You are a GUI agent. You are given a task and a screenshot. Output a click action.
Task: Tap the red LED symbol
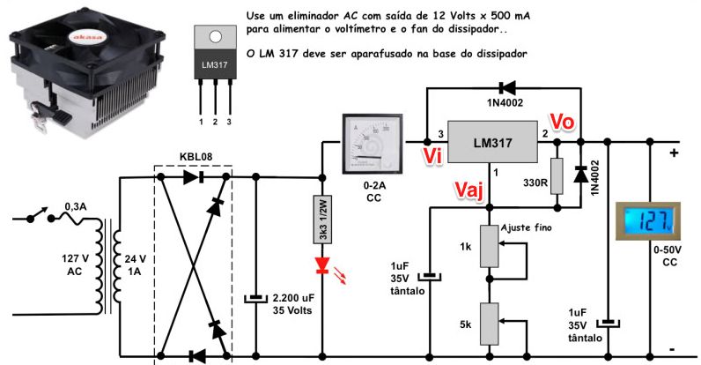point(322,264)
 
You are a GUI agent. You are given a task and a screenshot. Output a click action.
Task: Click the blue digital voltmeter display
point(656,220)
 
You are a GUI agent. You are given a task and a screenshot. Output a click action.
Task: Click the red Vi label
point(432,156)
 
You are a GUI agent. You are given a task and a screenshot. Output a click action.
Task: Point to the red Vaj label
point(469,190)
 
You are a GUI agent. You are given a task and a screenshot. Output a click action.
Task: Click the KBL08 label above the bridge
point(194,155)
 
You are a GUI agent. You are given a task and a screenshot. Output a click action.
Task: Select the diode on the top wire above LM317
point(508,87)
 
